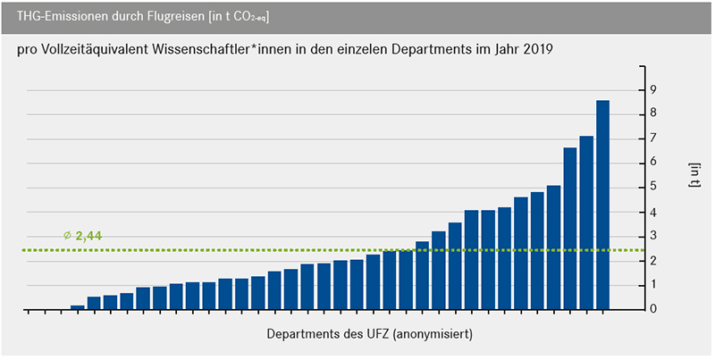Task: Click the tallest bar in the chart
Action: [602, 205]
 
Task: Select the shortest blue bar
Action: [78, 307]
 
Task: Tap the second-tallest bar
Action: [586, 222]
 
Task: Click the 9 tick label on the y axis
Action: [653, 89]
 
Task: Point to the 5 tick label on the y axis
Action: [653, 187]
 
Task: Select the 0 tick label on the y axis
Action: [653, 309]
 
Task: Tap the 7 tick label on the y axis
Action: [653, 138]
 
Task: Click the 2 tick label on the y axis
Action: [653, 260]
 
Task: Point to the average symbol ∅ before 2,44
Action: [68, 236]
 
